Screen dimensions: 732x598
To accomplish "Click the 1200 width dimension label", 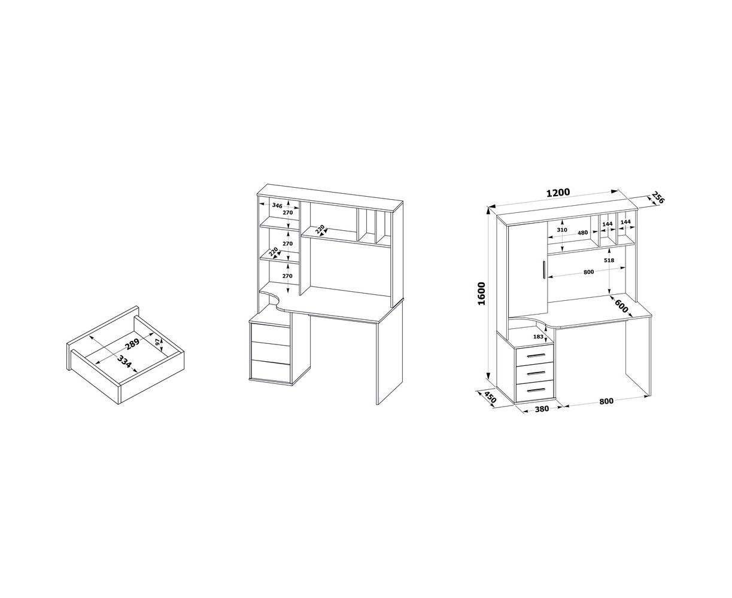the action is pos(558,193).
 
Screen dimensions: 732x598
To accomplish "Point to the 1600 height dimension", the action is pos(481,294).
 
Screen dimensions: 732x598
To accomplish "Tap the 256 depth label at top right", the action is pos(657,197).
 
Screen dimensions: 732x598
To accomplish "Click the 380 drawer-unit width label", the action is pos(542,409).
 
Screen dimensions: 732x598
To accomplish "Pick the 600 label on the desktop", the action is pos(621,306).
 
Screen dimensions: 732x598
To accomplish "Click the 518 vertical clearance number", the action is pos(609,260).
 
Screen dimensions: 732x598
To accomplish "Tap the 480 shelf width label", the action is pos(583,233).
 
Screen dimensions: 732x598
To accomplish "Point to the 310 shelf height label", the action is pos(562,230).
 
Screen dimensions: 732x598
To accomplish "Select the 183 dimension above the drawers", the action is pos(538,337).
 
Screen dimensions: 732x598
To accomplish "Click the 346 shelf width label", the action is pos(277,206).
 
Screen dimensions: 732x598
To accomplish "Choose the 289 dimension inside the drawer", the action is pos(132,343).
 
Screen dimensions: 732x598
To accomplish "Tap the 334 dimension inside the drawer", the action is pos(124,362).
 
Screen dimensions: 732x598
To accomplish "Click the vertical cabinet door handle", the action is pos(543,270).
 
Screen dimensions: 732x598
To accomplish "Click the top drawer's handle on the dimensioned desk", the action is pos(536,356).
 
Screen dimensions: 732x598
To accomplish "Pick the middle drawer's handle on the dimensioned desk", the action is pos(536,373).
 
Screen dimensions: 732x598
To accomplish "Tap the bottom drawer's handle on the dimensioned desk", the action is pos(536,390).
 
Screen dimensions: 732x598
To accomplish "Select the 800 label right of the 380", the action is pos(606,401).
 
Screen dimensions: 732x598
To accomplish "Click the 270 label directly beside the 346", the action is pos(288,213).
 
